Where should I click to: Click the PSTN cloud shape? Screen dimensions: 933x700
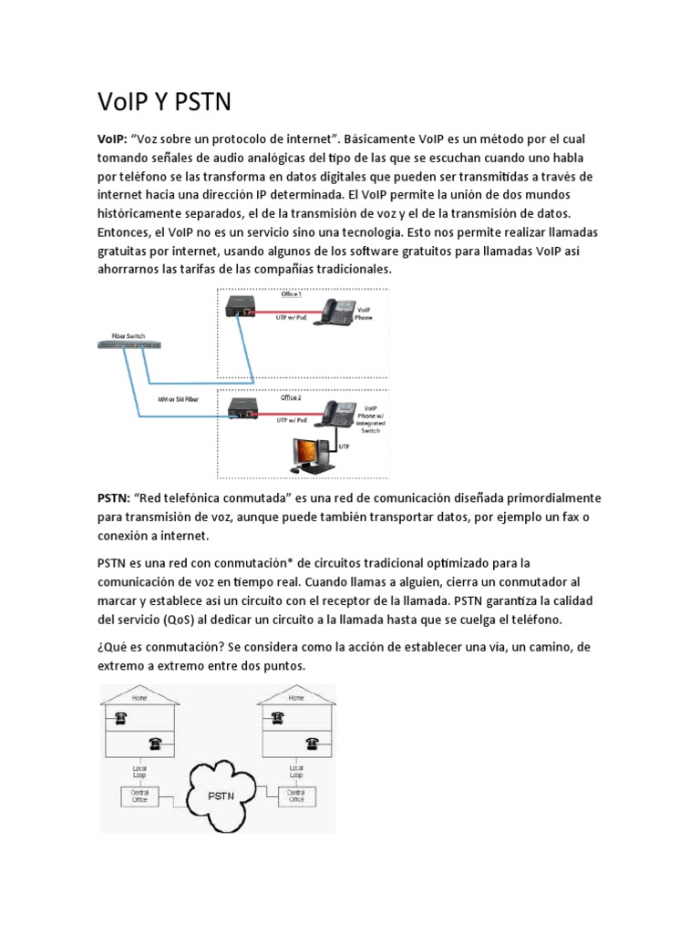coord(221,795)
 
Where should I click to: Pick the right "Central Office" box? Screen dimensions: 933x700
coord(296,796)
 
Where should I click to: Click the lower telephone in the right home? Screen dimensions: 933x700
coord(310,743)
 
